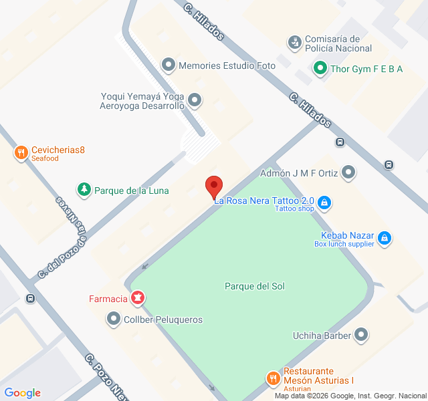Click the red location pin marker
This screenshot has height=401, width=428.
pos(213,185)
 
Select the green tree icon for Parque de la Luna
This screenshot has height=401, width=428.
pos(84,190)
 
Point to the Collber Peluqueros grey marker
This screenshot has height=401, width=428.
pos(114,319)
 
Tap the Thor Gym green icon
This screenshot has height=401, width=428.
pos(320,68)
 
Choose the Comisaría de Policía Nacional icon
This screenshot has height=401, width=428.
pos(294,43)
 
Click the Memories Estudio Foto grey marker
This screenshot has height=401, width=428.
pos(168,65)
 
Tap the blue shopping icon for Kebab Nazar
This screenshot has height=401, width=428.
pos(384,237)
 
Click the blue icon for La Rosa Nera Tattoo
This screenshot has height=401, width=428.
pos(324,201)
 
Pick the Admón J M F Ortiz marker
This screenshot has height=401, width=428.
pos(348,173)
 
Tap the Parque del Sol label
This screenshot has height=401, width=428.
pos(255,286)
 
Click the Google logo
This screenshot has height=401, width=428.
pos(22,393)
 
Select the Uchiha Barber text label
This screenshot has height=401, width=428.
pos(322,336)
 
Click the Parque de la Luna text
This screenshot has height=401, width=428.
pos(131,190)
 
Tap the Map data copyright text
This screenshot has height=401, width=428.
pos(350,396)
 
